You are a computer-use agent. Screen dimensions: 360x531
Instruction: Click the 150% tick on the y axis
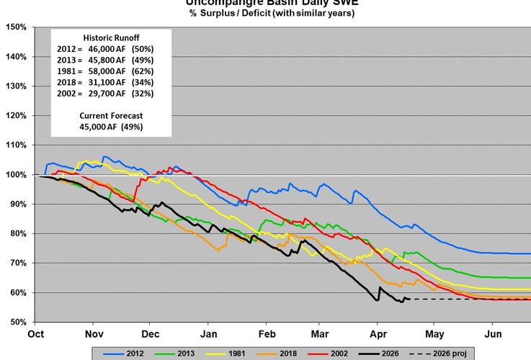pos(16,27)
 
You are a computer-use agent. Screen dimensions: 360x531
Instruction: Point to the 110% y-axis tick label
pos(16,145)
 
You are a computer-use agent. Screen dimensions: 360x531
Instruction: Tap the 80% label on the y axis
pos(18,234)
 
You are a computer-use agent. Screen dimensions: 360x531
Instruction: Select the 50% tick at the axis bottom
pos(18,322)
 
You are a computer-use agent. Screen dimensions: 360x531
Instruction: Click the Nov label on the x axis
pos(94,334)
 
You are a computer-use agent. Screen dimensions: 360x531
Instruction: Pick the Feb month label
pos(267,334)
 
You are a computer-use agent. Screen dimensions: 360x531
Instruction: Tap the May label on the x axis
pos(434,334)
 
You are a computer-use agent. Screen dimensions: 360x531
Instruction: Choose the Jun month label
pos(493,334)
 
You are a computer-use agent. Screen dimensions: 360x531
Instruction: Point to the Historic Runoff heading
pos(111,36)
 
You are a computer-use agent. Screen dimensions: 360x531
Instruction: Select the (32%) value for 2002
pos(144,94)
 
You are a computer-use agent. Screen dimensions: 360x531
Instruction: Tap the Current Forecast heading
pos(111,115)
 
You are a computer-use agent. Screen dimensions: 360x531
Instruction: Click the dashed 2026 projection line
pos(468,299)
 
